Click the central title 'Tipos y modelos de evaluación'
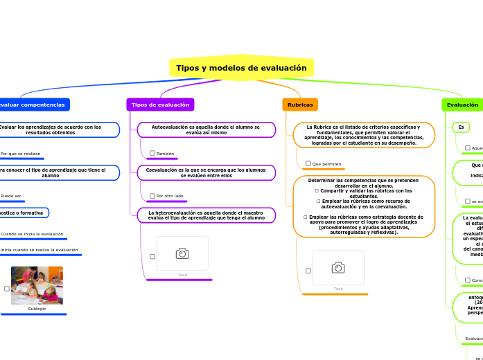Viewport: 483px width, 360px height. coord(241,68)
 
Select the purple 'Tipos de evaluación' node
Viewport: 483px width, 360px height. coord(160,105)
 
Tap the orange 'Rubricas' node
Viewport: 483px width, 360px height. coord(300,105)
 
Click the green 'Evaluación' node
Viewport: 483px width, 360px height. coord(462,105)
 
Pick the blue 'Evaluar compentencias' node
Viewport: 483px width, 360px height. coord(32,105)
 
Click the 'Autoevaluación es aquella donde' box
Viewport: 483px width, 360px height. coord(206,130)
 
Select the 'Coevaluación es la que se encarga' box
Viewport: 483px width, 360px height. coord(206,172)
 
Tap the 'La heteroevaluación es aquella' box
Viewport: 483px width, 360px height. coord(206,215)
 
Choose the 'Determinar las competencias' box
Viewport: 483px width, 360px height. coord(364,206)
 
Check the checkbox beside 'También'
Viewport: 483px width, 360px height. coord(152,153)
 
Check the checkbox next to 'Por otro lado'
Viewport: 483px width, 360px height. coord(152,196)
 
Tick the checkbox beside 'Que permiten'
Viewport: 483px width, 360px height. coord(308,163)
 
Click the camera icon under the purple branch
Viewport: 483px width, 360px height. coord(182,253)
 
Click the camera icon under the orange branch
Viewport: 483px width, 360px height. coord(338,267)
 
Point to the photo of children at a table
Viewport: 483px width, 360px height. coord(37,285)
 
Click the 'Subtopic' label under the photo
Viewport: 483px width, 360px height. coord(37,309)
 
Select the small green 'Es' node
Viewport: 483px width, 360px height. coord(460,127)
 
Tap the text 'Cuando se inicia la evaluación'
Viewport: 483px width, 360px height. coord(32,234)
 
